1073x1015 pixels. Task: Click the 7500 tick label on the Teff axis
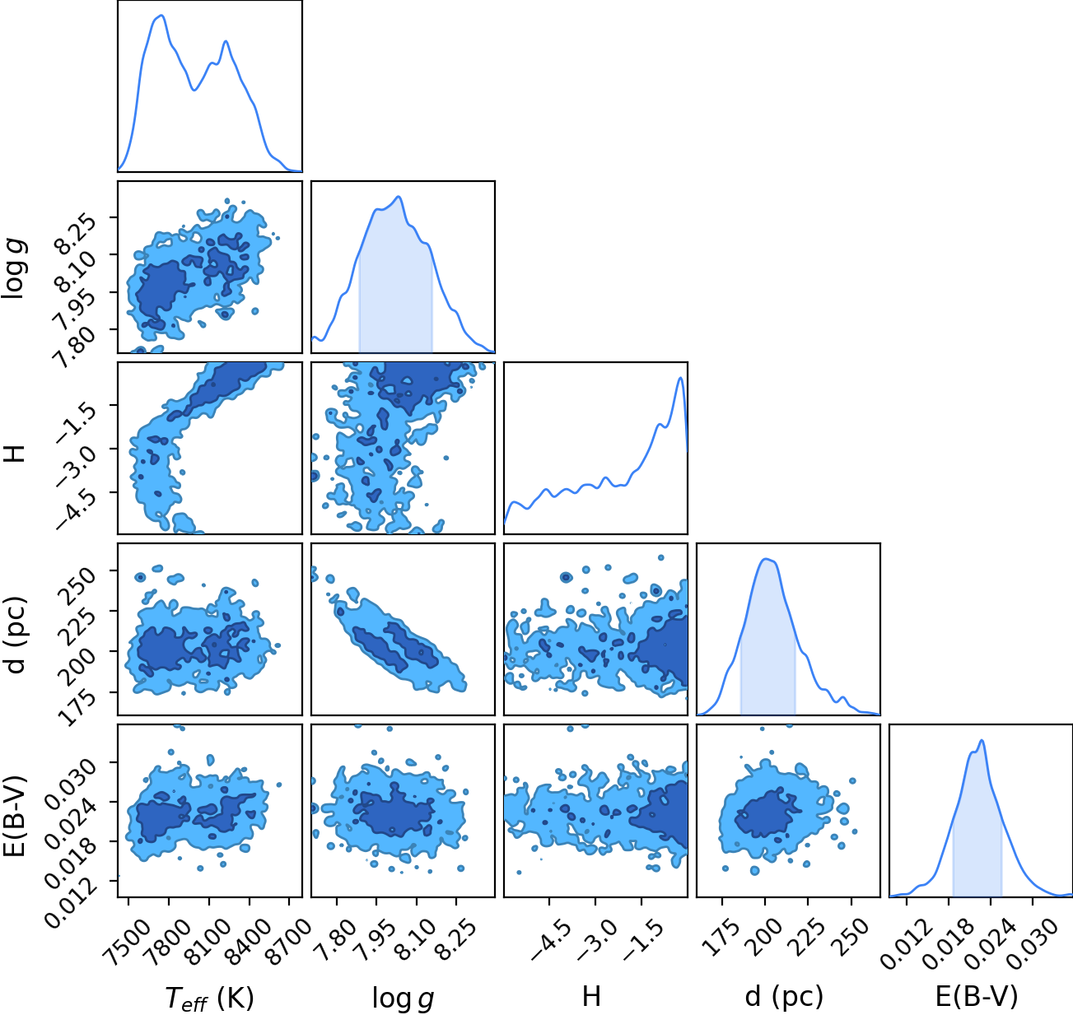[124, 935]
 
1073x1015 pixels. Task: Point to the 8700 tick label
[287, 935]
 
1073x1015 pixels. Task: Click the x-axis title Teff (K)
[210, 998]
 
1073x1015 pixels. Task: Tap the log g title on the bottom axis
[403, 999]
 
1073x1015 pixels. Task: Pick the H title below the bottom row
[592, 996]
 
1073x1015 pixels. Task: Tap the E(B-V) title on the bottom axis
[977, 997]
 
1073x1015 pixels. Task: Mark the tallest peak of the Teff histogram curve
[161, 16]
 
